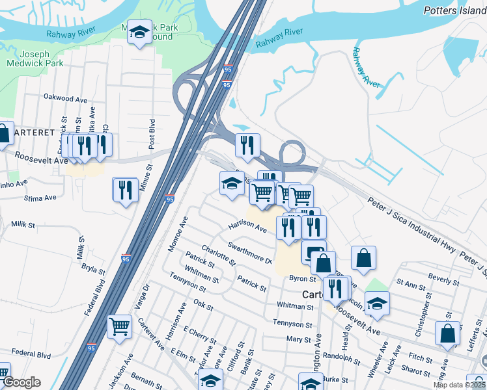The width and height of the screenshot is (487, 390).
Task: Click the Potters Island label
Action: pos(454,10)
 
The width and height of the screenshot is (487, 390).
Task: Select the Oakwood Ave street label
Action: pos(65,99)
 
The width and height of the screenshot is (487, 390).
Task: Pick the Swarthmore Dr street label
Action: pos(249,252)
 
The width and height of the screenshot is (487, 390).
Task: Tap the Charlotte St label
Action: pos(218,254)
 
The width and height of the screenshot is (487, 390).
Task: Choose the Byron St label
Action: pos(302,278)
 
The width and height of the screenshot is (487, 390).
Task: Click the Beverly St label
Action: pos(444,279)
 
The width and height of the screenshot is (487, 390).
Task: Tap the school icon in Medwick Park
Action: pos(139,33)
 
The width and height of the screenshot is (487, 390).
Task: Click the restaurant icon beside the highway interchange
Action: pos(247,146)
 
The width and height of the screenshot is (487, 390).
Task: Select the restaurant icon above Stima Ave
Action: pos(124,190)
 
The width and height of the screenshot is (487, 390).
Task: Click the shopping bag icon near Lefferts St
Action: pos(447,333)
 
